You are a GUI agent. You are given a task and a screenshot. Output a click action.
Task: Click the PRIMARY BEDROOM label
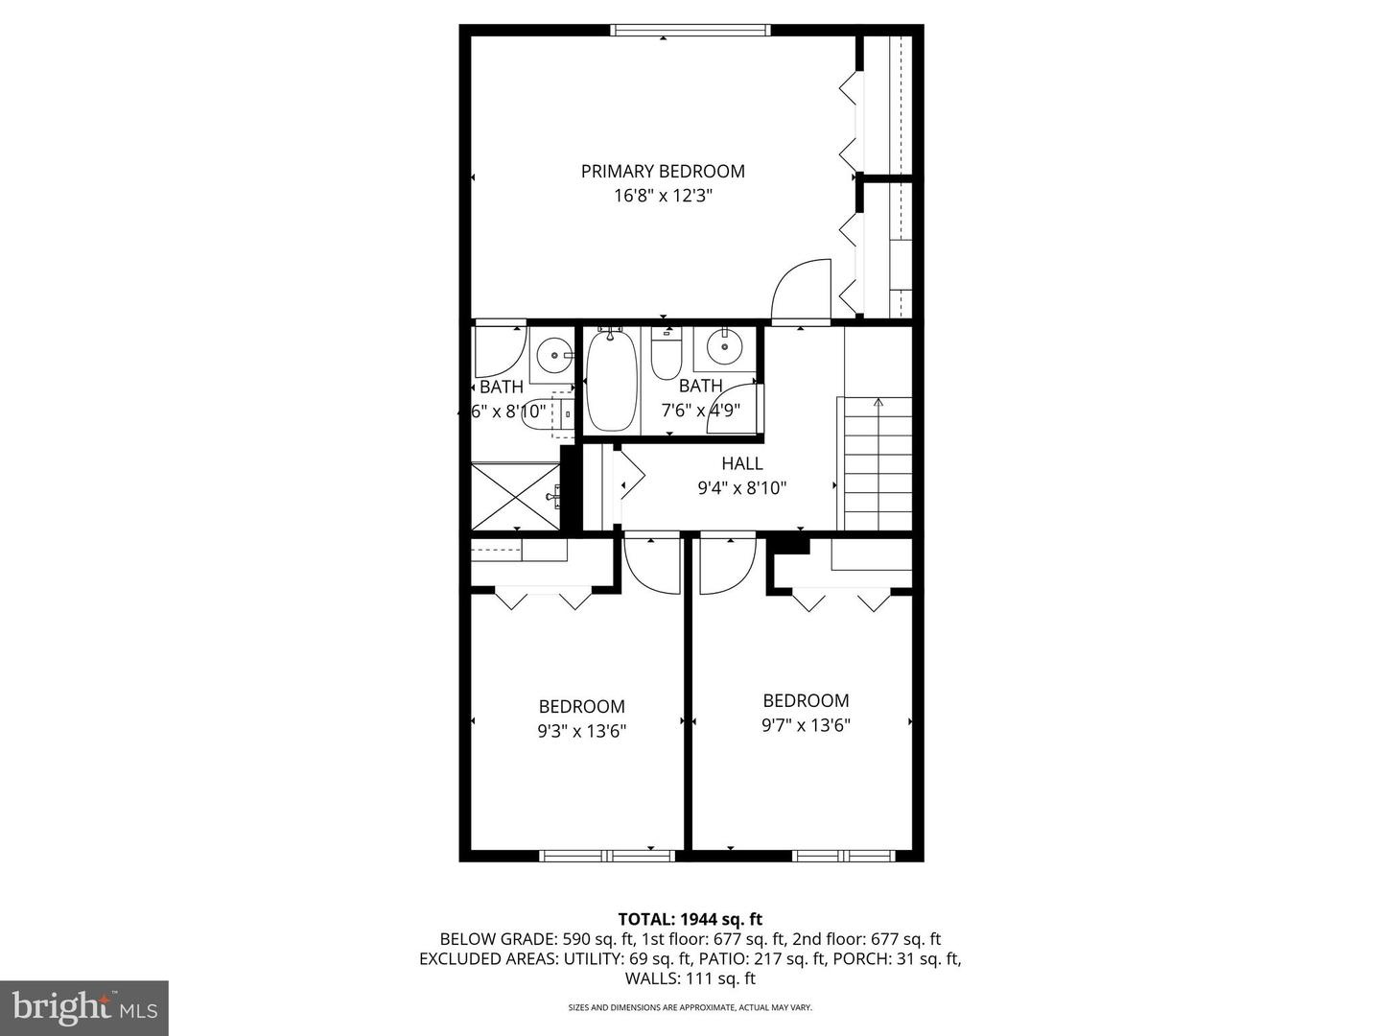point(663,172)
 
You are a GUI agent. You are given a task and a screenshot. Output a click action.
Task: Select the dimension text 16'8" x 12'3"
point(663,197)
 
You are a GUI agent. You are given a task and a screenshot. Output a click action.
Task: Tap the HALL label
point(741,463)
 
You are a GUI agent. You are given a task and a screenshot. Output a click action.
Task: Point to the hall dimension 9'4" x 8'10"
point(741,487)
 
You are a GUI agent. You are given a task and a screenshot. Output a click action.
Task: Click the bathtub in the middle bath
point(610,381)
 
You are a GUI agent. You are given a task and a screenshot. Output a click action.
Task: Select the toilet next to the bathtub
point(665,354)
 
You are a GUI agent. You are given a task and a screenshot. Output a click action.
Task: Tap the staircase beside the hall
point(877,462)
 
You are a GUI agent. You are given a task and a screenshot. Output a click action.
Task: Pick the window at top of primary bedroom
point(690,31)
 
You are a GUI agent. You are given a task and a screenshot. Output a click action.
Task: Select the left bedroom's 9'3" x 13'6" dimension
point(581,731)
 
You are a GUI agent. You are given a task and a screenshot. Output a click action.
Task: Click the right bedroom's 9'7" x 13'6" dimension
point(806,725)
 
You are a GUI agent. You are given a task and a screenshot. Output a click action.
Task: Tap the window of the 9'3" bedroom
point(607,855)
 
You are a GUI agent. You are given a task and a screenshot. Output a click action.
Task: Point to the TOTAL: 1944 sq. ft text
point(690,919)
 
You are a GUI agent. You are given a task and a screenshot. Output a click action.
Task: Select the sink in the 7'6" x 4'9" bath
point(726,346)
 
